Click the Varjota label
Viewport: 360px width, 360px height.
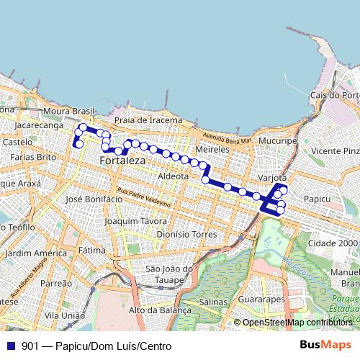pos(272,177)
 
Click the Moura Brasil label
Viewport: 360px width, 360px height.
pos(69,112)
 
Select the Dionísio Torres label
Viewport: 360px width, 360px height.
pos(186,234)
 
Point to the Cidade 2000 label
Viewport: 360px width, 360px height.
pos(332,245)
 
